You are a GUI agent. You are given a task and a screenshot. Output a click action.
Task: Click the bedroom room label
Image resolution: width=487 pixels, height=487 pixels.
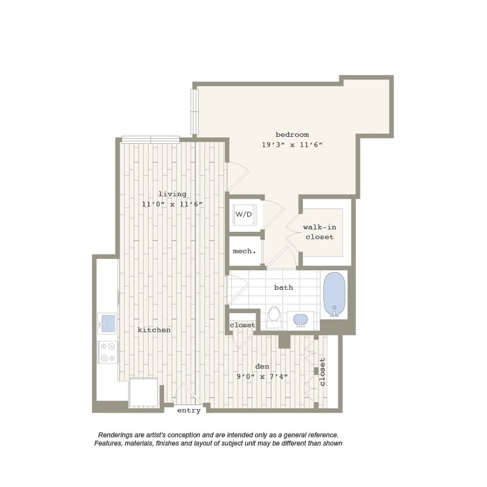pyautogui.click(x=292, y=134)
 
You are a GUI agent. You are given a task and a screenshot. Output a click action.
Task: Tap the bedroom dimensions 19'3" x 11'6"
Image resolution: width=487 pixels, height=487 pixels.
pyautogui.click(x=292, y=145)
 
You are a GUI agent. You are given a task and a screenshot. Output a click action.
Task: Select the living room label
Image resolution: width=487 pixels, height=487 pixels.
pyautogui.click(x=172, y=194)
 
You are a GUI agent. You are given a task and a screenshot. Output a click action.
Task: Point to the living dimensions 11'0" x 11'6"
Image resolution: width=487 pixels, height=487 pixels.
pyautogui.click(x=172, y=204)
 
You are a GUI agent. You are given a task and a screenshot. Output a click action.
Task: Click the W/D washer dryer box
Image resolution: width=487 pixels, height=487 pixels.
pyautogui.click(x=244, y=215)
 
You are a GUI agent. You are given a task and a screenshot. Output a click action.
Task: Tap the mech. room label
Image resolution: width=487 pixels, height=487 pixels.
pyautogui.click(x=244, y=251)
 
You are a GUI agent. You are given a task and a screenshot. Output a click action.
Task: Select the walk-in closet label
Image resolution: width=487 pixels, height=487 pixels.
pyautogui.click(x=319, y=232)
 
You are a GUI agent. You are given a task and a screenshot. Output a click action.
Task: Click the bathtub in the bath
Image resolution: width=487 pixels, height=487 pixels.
pyautogui.click(x=334, y=294)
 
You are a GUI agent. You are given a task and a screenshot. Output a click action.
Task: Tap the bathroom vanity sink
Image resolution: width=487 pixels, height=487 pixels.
pyautogui.click(x=301, y=319)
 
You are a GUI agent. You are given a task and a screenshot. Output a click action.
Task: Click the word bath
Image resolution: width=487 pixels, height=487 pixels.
pyautogui.click(x=283, y=287)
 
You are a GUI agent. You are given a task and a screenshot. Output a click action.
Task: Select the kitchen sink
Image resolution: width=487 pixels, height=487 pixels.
pyautogui.click(x=107, y=323)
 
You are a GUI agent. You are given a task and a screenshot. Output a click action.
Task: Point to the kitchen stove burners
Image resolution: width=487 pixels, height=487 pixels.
pyautogui.click(x=107, y=352)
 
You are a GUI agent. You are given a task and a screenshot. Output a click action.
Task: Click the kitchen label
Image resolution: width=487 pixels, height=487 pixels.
pyautogui.click(x=154, y=330)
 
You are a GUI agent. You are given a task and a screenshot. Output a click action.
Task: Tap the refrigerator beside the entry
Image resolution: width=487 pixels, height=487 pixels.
pyautogui.click(x=143, y=393)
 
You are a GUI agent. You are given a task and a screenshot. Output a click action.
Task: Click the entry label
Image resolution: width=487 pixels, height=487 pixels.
pyautogui.click(x=189, y=410)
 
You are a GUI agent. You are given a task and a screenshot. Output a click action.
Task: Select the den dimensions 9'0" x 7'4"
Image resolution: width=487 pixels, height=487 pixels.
pyautogui.click(x=263, y=376)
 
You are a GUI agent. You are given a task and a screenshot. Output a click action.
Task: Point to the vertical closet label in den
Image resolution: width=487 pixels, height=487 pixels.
pyautogui.click(x=323, y=372)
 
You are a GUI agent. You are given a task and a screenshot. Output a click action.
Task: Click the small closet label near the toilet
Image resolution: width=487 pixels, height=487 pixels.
pyautogui.click(x=242, y=325)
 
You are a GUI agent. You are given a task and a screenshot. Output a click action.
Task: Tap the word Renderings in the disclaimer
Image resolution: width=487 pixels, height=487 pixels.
pyautogui.click(x=117, y=435)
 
